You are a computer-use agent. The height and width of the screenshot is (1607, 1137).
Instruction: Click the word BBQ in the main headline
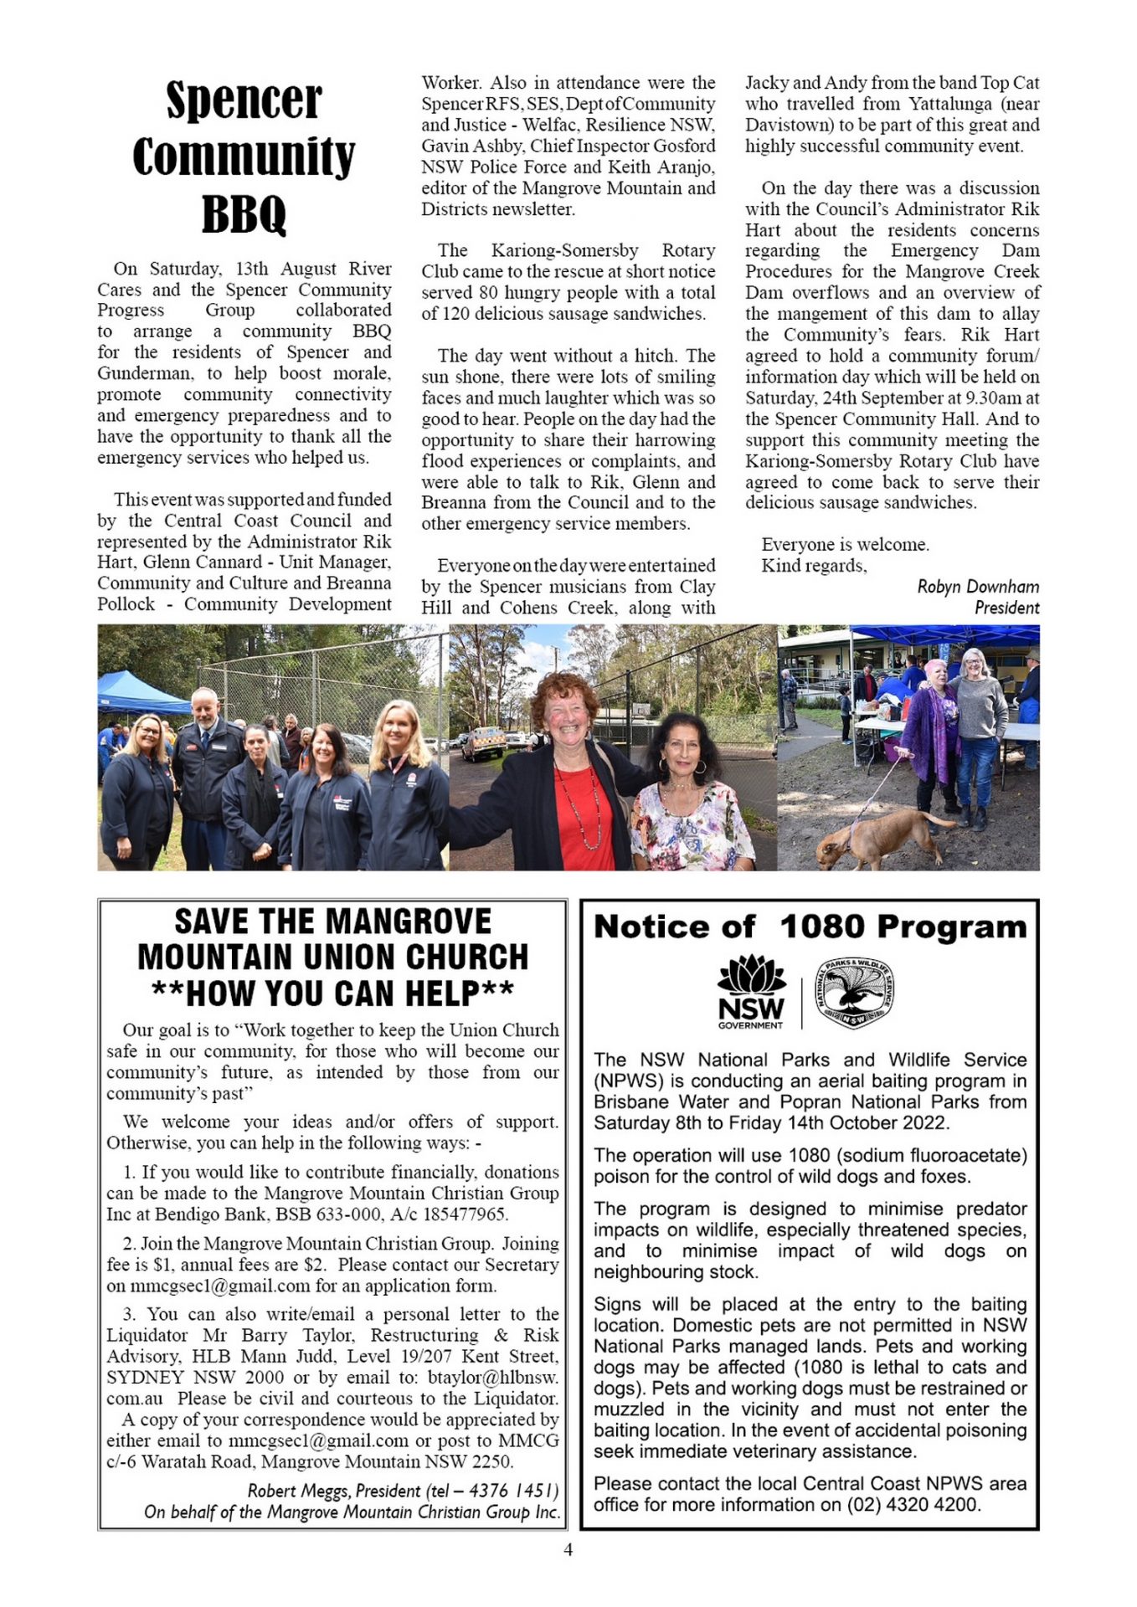point(244,214)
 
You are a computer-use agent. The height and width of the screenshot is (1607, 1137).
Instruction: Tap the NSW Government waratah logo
point(751,993)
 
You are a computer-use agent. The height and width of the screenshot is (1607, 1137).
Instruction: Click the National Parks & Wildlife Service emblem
point(854,993)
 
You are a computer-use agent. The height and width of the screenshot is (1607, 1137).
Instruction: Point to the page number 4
point(568,1550)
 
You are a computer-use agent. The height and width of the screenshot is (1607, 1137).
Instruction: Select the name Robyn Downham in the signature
point(977,587)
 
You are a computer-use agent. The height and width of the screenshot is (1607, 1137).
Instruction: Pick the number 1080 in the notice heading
point(822,927)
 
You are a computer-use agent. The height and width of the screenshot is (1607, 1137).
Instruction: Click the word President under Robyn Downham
point(1006,608)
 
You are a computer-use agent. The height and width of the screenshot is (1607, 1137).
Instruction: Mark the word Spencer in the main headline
point(244,100)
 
